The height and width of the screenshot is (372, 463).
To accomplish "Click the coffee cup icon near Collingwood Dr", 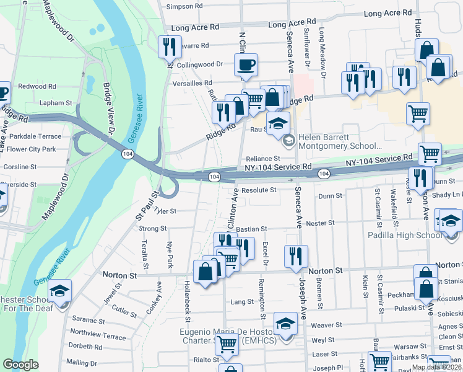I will [x=246, y=64].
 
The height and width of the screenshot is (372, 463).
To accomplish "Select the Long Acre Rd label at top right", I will [x=387, y=12].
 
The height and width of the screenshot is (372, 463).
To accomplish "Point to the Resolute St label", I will [x=258, y=190].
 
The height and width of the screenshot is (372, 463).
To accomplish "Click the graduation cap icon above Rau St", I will [x=278, y=122].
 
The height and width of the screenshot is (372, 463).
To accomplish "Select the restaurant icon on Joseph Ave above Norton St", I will [x=296, y=255].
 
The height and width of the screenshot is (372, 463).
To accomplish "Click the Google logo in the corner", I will [x=20, y=365].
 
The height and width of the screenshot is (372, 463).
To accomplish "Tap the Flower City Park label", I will [x=32, y=149].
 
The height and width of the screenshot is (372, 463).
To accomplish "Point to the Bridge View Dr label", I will [x=110, y=109].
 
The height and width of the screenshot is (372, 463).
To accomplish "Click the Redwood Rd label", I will [x=37, y=86].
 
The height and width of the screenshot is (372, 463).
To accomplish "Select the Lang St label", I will [x=242, y=302].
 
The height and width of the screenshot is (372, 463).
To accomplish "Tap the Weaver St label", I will [x=327, y=325].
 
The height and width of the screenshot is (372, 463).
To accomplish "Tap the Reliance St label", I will [x=263, y=159].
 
